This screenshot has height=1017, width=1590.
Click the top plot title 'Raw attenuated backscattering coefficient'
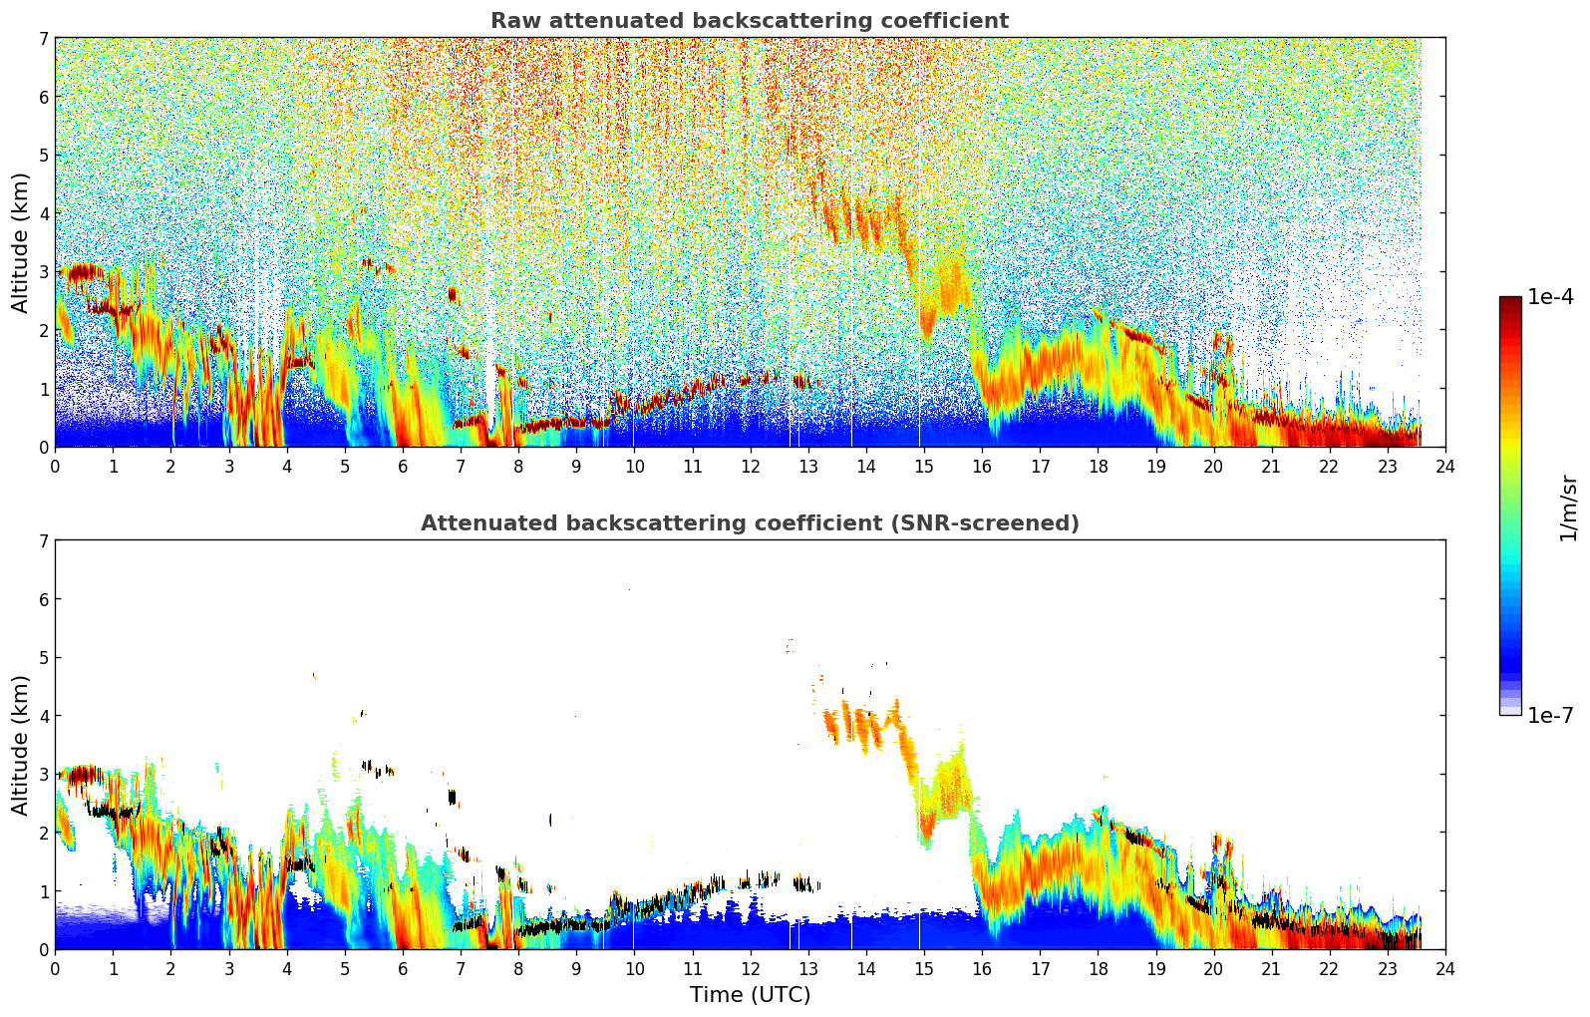pyautogui.click(x=749, y=21)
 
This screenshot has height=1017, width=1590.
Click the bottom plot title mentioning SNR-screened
pyautogui.click(x=749, y=523)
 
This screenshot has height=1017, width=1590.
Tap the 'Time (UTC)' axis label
pyautogui.click(x=750, y=994)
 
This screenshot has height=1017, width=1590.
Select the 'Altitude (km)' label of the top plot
pyautogui.click(x=21, y=242)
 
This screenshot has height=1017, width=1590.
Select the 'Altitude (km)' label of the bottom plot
pyautogui.click(x=21, y=745)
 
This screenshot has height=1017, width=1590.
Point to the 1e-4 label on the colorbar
pyautogui.click(x=1550, y=297)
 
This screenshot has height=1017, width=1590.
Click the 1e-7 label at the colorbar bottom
pyautogui.click(x=1550, y=716)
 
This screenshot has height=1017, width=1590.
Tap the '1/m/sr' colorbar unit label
pyautogui.click(x=1567, y=508)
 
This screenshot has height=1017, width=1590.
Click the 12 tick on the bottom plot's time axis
pyautogui.click(x=750, y=969)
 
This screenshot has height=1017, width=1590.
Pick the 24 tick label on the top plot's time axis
pyautogui.click(x=1445, y=467)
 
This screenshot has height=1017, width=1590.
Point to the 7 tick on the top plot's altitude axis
pyautogui.click(x=43, y=39)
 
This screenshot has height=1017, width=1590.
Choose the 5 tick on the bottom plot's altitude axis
pyautogui.click(x=43, y=658)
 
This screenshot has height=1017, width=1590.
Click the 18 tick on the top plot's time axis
pyautogui.click(x=1098, y=467)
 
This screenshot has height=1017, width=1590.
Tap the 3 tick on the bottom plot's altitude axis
pyautogui.click(x=43, y=775)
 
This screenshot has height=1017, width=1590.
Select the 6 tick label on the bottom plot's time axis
pyautogui.click(x=403, y=969)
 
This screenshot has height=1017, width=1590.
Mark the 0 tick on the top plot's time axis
pyautogui.click(x=55, y=467)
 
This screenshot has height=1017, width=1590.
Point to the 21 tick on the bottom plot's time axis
pyautogui.click(x=1271, y=969)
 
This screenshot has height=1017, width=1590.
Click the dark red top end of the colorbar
pyautogui.click(x=1510, y=300)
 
